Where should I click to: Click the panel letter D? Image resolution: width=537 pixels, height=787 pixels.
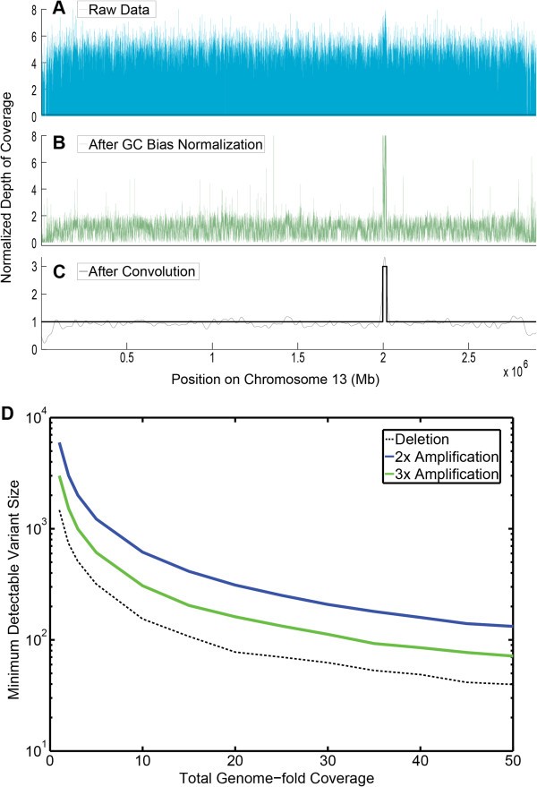[10, 391]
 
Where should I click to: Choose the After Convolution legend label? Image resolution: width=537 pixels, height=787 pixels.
[136, 269]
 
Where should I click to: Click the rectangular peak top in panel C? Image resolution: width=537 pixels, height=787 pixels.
[384, 267]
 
